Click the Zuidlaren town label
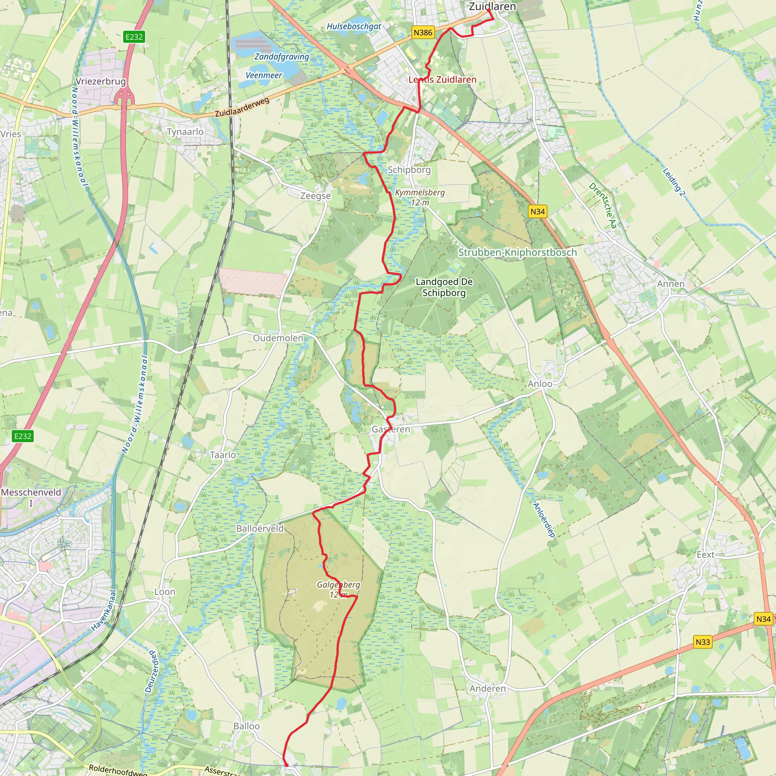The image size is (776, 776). tap(492, 6)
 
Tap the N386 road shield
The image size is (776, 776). tap(423, 33)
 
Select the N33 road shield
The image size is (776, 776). tap(702, 642)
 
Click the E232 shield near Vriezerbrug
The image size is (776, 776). tap(134, 37)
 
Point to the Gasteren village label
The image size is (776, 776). tap(390, 429)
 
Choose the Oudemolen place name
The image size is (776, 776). tap(278, 338)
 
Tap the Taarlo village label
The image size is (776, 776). tap(223, 455)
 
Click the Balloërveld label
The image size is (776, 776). tap(260, 529)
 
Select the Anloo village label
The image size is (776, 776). tap(540, 384)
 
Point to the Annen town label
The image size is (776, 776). tap(671, 284)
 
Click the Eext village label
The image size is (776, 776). tap(705, 555)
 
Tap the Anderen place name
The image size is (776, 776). tap(488, 689)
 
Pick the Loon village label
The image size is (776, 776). tap(165, 591)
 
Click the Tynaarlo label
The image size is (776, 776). tap(185, 132)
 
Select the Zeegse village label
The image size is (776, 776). tap(316, 196)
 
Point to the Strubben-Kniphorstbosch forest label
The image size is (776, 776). tap(517, 253)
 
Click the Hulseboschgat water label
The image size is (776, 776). tap(354, 27)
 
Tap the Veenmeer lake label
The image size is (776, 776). tap(264, 75)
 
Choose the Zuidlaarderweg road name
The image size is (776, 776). tap(242, 107)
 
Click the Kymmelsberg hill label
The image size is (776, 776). tap(420, 193)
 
